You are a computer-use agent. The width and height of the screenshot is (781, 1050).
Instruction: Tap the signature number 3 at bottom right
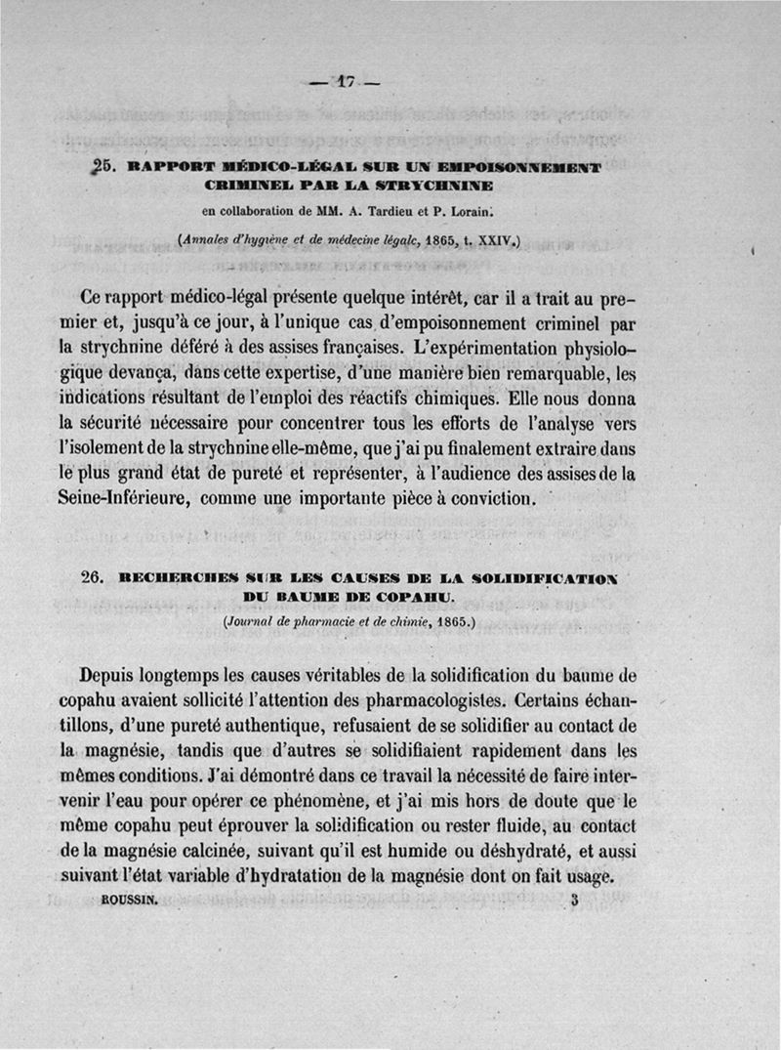coord(576,903)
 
